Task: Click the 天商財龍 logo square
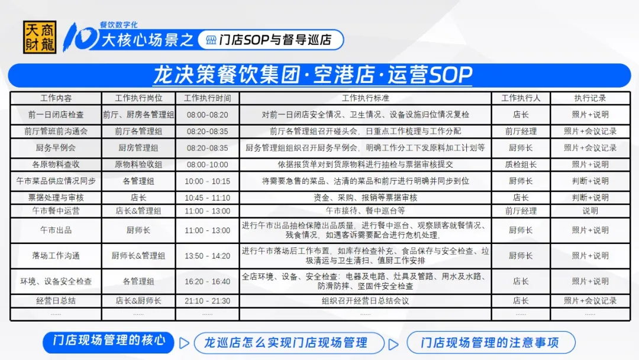pos(40,37)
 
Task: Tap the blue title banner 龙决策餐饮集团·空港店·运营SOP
pos(319,75)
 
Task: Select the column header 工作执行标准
pos(365,98)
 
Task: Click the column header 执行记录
pos(590,98)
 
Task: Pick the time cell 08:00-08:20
pos(208,115)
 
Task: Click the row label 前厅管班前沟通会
pos(56,131)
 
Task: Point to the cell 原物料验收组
pos(138,165)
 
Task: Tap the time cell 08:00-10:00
pos(208,165)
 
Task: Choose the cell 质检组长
pos(521,165)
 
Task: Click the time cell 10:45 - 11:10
pos(208,198)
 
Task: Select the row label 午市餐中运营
pos(56,211)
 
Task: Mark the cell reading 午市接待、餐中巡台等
pos(365,211)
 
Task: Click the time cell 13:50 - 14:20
pos(208,256)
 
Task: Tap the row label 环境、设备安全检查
pos(56,281)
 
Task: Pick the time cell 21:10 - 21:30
pos(208,301)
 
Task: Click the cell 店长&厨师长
pos(138,301)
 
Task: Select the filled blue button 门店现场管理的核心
pos(108,342)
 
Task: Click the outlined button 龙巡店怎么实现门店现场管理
pos(289,343)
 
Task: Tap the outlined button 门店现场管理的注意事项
pos(491,342)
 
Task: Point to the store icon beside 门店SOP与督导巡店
pos(211,40)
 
